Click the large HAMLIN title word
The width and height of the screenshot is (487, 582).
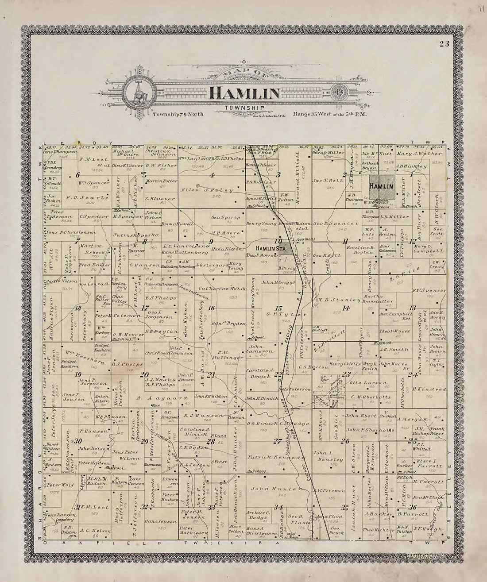(x=244, y=93)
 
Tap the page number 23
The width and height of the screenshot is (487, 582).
(x=444, y=43)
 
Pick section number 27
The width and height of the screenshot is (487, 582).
(x=278, y=440)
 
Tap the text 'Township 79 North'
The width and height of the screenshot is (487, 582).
(x=178, y=114)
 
